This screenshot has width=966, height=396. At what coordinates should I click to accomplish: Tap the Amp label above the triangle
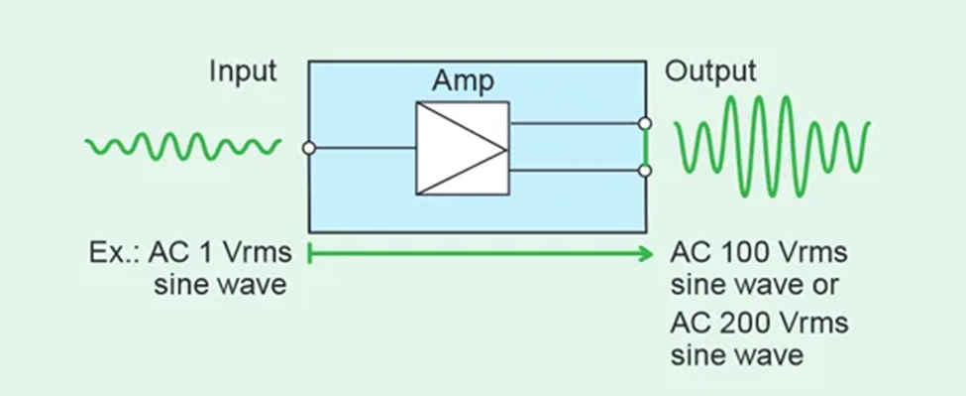click(x=461, y=82)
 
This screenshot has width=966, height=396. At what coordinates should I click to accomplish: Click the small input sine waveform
click(x=183, y=147)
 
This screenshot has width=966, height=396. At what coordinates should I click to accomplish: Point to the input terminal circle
click(x=309, y=148)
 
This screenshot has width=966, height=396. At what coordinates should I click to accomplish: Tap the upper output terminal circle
click(x=645, y=124)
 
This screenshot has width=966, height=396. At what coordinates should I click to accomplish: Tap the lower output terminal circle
click(x=645, y=171)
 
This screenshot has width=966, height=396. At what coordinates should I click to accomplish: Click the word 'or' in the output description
click(x=827, y=287)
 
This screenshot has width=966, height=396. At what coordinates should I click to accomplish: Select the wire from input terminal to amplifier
click(x=363, y=148)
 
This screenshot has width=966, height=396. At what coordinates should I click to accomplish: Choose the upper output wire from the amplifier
click(x=575, y=124)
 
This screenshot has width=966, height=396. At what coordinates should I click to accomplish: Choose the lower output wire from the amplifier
click(x=575, y=171)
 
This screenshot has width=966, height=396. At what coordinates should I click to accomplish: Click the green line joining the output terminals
click(x=645, y=148)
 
